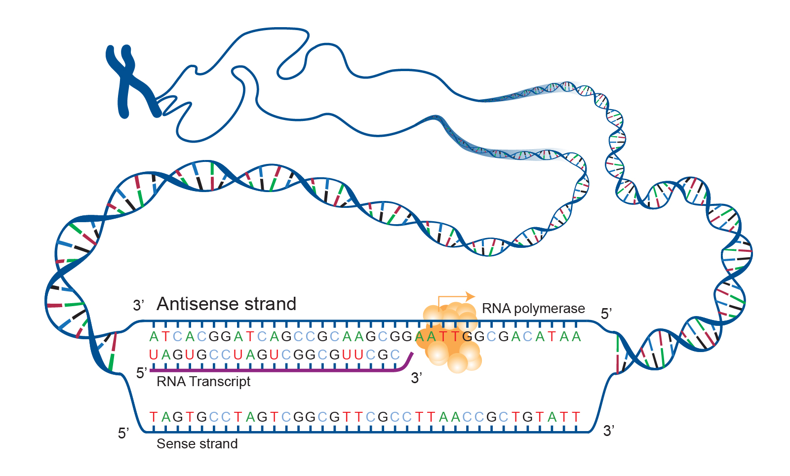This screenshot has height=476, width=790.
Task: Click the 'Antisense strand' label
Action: click(x=226, y=304)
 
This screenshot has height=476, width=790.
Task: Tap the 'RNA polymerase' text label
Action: click(x=533, y=309)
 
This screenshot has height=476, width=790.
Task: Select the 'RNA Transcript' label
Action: click(x=203, y=382)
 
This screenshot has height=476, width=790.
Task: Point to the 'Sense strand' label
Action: click(x=197, y=444)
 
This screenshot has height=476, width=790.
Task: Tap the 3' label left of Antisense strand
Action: click(x=138, y=306)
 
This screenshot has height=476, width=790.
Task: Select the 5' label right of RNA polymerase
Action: click(x=606, y=314)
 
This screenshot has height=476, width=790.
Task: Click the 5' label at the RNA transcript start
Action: click(x=141, y=373)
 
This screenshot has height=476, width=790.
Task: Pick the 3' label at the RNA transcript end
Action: click(x=416, y=378)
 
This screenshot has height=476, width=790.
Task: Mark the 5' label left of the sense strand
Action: click(x=123, y=434)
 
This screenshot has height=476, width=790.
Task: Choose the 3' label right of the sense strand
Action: click(x=609, y=431)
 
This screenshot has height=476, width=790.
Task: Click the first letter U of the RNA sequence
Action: click(x=154, y=355)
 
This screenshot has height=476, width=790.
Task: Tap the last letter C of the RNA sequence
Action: click(x=395, y=355)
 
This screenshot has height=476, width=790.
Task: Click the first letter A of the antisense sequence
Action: click(x=154, y=337)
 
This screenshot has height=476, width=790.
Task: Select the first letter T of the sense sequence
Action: click(x=154, y=417)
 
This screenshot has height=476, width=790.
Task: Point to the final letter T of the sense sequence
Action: click(x=576, y=417)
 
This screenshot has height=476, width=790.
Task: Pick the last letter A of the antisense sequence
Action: click(x=576, y=337)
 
